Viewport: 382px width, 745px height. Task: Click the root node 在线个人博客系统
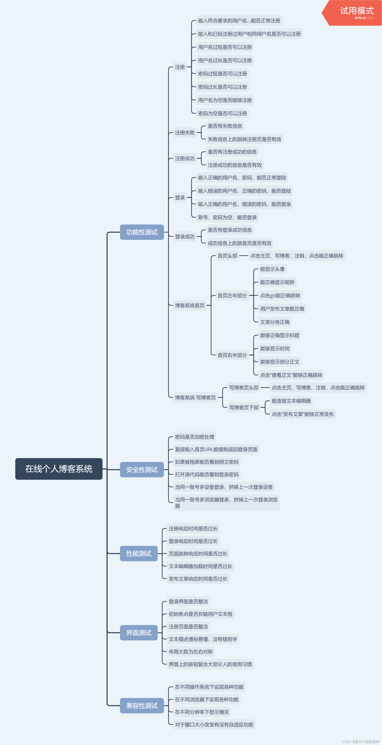pyautogui.click(x=59, y=469)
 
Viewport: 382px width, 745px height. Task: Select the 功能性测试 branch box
pyautogui.click(x=142, y=232)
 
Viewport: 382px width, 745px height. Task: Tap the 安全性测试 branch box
pyautogui.click(x=142, y=469)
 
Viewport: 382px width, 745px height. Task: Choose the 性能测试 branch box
pyautogui.click(x=139, y=553)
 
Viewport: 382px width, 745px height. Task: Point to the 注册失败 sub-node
pyautogui.click(x=185, y=132)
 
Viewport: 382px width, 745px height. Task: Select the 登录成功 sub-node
pyautogui.click(x=185, y=237)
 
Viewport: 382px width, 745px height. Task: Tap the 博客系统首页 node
pyautogui.click(x=190, y=305)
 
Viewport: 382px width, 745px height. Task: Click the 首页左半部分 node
pyautogui.click(x=232, y=295)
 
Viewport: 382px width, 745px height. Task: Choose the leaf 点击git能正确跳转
pyautogui.click(x=280, y=295)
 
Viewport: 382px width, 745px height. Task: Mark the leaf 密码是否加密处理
pyautogui.click(x=194, y=437)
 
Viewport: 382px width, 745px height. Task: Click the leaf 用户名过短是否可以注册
pyautogui.click(x=225, y=47)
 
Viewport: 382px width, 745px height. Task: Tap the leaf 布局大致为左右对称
pyautogui.click(x=191, y=652)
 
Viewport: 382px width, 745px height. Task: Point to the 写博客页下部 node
pyautogui.click(x=244, y=407)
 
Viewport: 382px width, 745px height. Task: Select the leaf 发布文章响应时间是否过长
pyautogui.click(x=198, y=579)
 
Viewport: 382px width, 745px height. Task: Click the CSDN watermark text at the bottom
pyautogui.click(x=360, y=742)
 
